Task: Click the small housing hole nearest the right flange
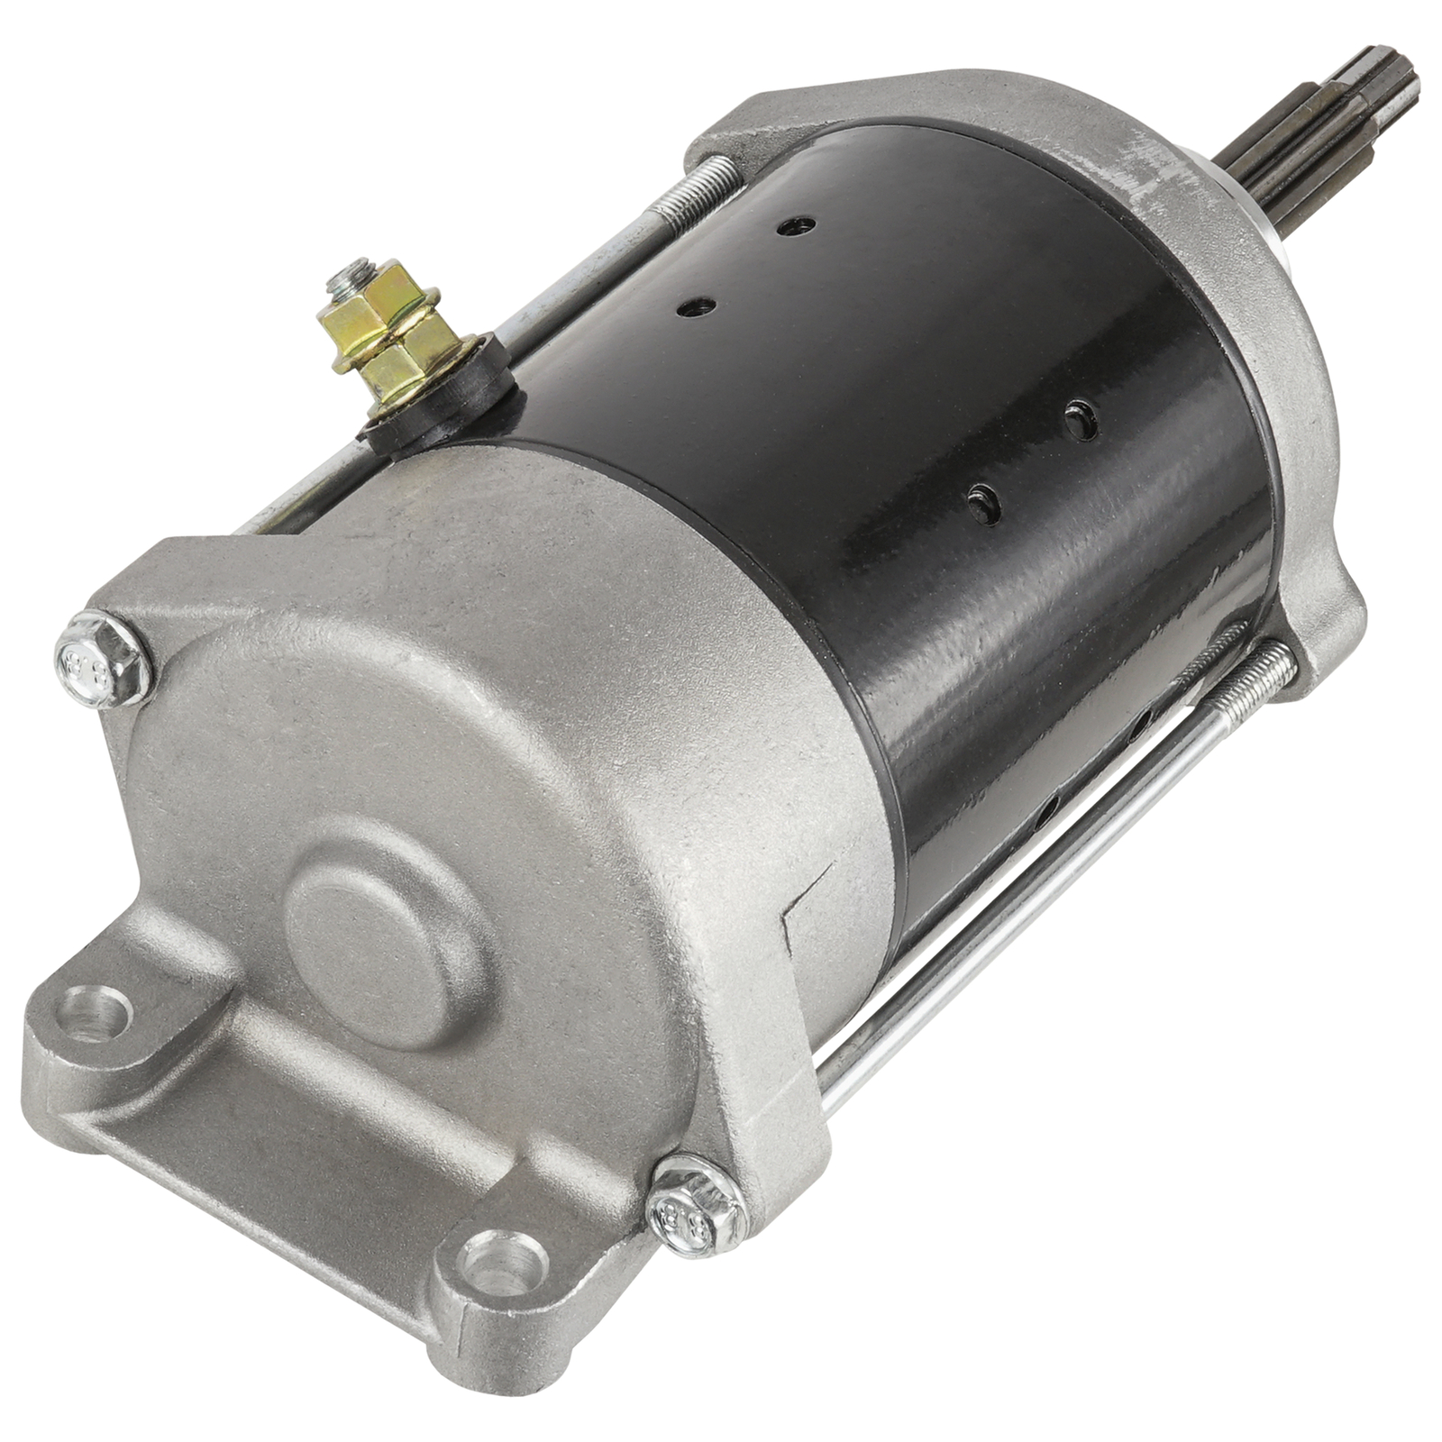[1081, 419]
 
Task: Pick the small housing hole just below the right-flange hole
[982, 501]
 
